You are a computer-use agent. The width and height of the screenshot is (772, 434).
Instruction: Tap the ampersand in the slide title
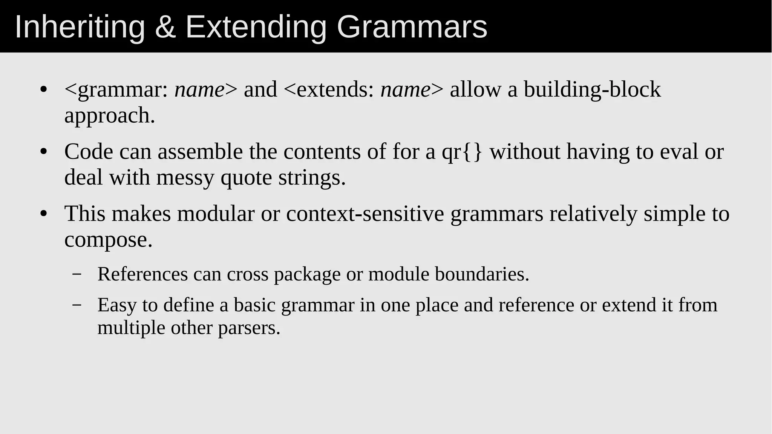165,27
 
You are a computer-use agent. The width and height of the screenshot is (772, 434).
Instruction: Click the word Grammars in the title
412,27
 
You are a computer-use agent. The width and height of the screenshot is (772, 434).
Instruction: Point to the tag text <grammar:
116,90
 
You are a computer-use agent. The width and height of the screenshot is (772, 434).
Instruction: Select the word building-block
592,90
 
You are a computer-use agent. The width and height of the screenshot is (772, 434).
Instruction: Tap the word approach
110,115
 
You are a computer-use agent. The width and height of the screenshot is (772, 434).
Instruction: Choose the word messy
185,177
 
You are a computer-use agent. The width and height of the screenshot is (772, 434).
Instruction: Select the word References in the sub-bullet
142,274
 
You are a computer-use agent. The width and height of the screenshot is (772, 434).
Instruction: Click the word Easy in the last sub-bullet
117,305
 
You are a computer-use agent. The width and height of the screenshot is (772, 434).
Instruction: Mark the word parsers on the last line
249,328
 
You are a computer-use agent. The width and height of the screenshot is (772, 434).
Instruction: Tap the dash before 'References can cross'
77,274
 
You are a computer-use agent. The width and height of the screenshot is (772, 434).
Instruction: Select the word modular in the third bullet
216,214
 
